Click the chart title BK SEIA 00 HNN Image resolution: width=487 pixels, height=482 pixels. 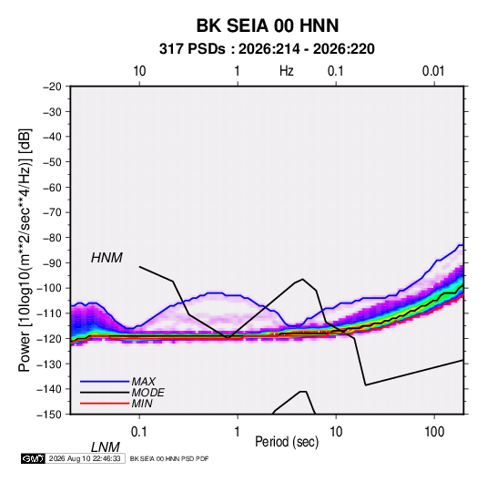coord(268,26)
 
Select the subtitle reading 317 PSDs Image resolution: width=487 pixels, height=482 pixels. coord(192,49)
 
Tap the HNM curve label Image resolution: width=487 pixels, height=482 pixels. coord(107,258)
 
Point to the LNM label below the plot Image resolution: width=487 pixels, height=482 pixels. coord(106,447)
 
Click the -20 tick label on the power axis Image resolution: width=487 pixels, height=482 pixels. coord(52,87)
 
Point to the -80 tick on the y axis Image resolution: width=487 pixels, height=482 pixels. coord(52,238)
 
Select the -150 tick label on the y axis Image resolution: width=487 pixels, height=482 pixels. coord(49,415)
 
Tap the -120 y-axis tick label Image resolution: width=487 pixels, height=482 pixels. coord(49,338)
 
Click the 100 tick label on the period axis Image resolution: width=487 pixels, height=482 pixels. coord(434,432)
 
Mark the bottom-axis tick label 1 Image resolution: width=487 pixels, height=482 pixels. coord(238,432)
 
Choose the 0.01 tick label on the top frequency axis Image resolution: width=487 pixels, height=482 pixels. coord(433,71)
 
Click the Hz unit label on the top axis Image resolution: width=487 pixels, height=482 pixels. coord(287,71)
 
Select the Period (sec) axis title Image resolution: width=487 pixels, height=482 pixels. coord(287,442)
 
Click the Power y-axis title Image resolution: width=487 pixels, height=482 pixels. coord(25,251)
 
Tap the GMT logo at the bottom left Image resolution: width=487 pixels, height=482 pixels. coord(33,458)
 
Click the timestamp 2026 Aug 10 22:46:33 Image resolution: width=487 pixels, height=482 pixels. coord(85,458)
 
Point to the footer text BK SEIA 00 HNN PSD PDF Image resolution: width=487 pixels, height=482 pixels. coord(169,458)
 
